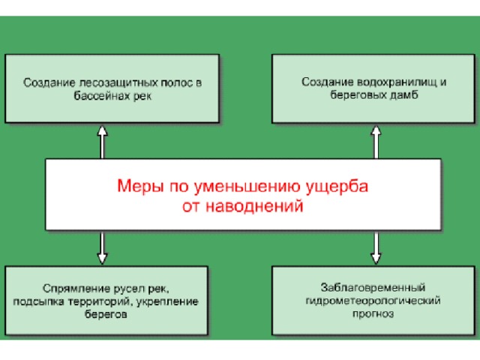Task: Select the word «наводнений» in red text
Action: tap(254, 206)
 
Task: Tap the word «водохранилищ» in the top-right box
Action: tap(397, 82)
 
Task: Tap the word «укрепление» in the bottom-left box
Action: tap(167, 302)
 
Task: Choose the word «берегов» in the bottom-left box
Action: tap(106, 314)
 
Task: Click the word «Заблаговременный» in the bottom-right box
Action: tap(373, 288)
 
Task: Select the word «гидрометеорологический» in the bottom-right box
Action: tap(373, 301)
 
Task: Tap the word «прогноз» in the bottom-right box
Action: tap(373, 313)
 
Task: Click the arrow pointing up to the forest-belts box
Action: tap(102, 142)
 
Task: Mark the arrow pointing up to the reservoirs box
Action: tap(376, 142)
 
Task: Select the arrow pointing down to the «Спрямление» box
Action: tap(102, 247)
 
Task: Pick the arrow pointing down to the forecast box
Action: tap(376, 247)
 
